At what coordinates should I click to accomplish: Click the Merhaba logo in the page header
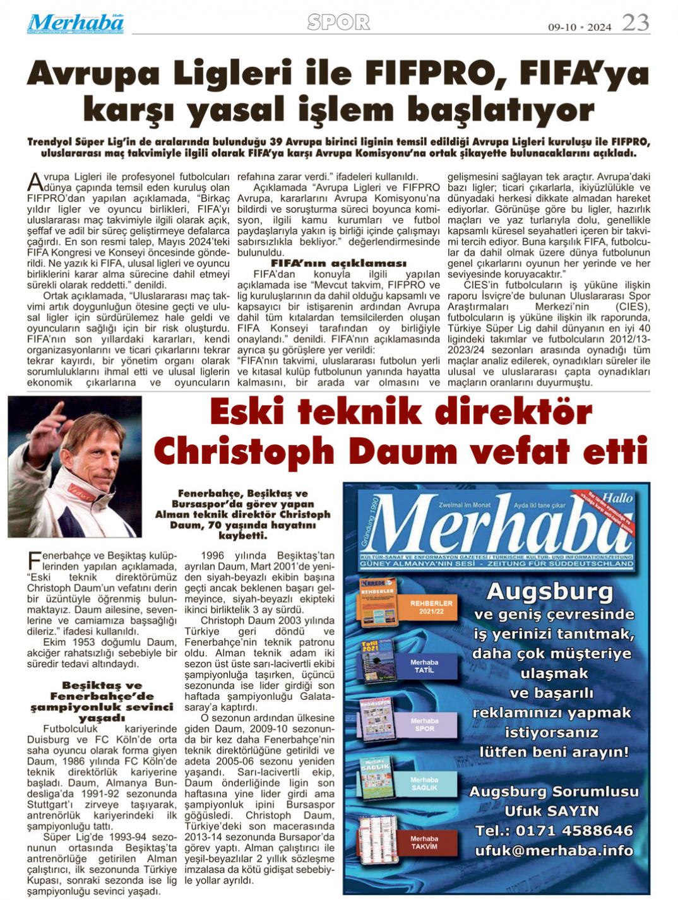click(75, 23)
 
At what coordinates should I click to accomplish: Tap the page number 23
click(635, 23)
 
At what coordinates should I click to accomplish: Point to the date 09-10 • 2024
click(580, 27)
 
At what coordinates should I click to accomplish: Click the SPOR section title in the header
click(338, 23)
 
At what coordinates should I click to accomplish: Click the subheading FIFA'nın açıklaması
click(338, 263)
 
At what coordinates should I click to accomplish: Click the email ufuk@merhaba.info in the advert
click(554, 850)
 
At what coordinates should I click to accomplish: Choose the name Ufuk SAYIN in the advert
click(551, 810)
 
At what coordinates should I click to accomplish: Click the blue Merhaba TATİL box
click(424, 666)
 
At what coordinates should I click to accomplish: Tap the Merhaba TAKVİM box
click(424, 842)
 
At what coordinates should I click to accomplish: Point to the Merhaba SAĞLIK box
click(424, 783)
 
